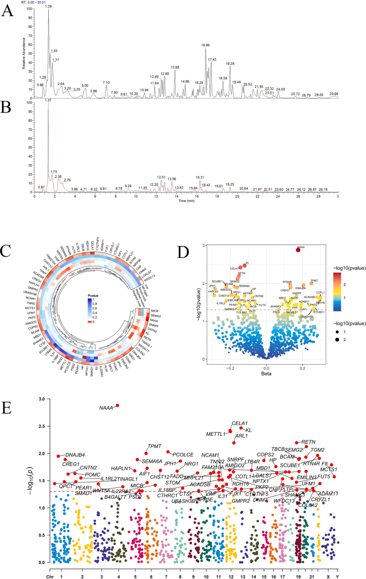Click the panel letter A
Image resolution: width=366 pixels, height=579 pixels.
pos(7,11)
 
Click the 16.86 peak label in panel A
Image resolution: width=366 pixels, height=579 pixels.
pos(205,45)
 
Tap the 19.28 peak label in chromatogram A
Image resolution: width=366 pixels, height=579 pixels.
pos(230,64)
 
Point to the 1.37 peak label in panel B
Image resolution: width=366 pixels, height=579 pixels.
pos(48,100)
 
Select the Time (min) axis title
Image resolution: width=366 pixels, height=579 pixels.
pos(186,201)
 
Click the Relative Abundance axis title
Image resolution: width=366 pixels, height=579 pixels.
pos(24,53)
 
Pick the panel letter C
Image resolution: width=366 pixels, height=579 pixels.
pos(6,251)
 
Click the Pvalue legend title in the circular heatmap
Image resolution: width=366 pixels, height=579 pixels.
pos(93,296)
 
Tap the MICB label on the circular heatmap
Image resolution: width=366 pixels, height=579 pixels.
pos(155,311)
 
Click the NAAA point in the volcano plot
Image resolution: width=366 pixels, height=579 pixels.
pos(298,250)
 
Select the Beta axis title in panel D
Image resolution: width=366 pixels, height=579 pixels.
pos(266,374)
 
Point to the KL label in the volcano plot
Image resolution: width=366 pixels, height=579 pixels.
pos(247,263)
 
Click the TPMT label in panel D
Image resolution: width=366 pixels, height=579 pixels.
pos(314,281)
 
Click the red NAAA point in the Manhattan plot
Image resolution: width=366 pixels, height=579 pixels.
pos(118,405)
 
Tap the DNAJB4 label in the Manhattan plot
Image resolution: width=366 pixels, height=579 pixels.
pos(75,455)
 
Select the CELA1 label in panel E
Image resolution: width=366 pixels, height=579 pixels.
pos(240,423)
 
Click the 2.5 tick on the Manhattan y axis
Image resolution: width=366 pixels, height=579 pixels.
pos(42,426)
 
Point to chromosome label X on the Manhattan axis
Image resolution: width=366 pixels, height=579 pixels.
pos(328,577)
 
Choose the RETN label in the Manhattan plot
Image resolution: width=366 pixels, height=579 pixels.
pos(308,442)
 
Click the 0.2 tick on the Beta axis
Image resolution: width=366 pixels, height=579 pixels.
pos(302,368)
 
